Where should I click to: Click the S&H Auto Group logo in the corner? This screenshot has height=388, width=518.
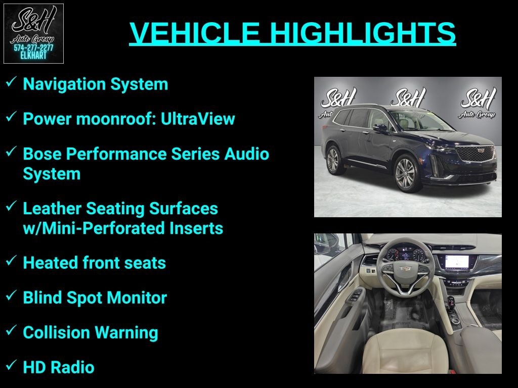pos(33,33)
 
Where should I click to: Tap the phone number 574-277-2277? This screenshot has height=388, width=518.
pos(33,48)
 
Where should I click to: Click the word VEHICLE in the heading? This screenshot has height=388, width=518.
pos(195,32)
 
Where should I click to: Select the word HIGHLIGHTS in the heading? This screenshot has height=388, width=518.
pos(363,32)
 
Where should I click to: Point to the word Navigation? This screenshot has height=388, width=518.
pos(64,84)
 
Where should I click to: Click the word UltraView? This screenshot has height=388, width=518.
pos(198,118)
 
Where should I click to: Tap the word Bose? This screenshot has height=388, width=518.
pos(42,154)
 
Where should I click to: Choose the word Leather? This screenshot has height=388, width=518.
pos(52,209)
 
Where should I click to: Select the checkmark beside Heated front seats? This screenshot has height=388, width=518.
pos(11,260)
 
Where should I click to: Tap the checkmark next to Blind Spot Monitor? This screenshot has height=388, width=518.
pos(11,295)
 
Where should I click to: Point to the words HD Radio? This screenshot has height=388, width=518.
pos(59,367)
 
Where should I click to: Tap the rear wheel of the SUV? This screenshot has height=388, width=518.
pos(333,160)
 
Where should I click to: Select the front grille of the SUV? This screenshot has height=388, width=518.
pos(474,153)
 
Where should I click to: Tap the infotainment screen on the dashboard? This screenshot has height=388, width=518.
pos(457,262)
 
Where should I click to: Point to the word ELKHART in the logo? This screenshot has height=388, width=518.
pos(33,56)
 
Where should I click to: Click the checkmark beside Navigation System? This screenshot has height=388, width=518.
pos(11,81)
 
